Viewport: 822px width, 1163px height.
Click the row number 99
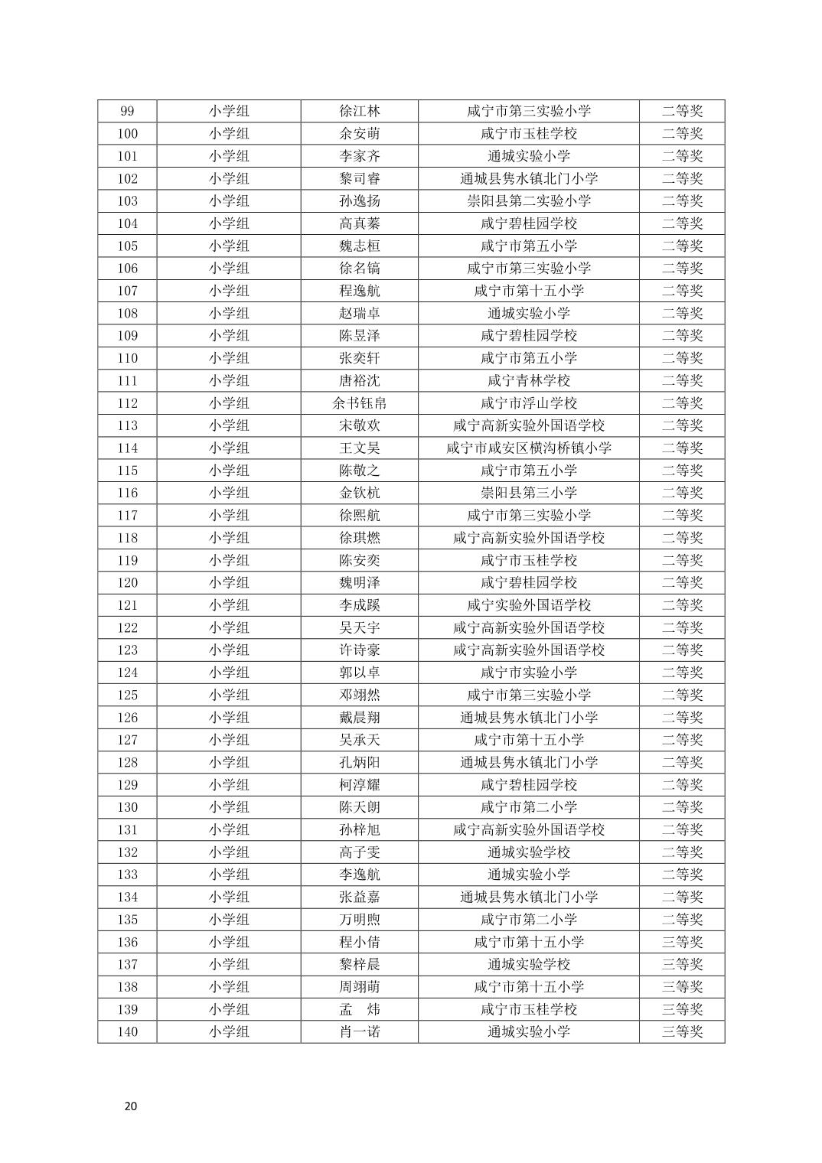coord(127,111)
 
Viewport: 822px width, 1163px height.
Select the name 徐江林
coord(359,111)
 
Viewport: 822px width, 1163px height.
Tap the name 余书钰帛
coord(359,403)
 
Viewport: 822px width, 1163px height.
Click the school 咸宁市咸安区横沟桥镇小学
coord(528,448)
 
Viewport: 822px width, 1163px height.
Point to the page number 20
coord(131,1106)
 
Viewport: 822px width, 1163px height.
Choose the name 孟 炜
coord(359,1009)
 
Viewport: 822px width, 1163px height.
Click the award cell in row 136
coord(681,942)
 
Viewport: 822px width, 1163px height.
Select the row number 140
coord(127,1032)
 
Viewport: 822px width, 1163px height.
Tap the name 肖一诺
coord(359,1032)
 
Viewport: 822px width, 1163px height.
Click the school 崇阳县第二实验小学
coord(528,201)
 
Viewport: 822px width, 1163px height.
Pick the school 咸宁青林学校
coord(528,381)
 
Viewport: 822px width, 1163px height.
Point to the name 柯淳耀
coord(359,785)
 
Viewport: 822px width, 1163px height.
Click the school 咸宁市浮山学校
coord(528,403)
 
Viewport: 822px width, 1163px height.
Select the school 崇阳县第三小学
coord(528,493)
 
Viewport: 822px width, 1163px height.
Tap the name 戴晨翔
coord(359,718)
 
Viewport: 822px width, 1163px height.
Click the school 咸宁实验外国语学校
coord(528,605)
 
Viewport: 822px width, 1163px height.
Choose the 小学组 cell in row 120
coord(229,583)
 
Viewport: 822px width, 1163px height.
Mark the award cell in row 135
coord(681,920)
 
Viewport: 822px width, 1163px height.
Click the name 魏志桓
coord(359,246)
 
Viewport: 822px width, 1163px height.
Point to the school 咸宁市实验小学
coord(528,673)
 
